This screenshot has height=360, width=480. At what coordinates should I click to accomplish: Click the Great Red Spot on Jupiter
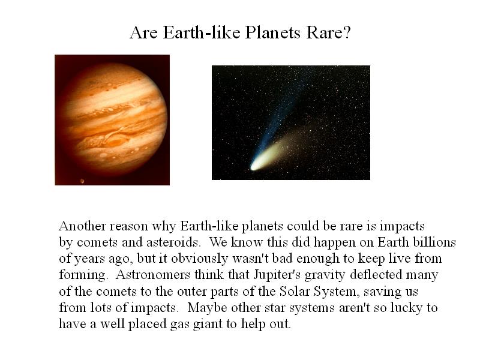tap(115, 142)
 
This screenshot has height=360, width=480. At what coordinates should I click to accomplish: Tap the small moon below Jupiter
tap(82, 181)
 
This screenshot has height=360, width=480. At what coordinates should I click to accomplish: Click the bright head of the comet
tap(255, 166)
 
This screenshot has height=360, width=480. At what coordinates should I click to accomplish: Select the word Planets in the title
tap(273, 32)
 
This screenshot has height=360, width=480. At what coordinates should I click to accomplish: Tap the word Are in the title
tap(143, 32)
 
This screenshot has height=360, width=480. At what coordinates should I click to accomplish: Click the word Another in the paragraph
tap(82, 226)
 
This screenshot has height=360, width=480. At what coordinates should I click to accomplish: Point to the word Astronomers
tap(153, 275)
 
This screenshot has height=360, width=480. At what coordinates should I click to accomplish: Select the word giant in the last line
tap(208, 324)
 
